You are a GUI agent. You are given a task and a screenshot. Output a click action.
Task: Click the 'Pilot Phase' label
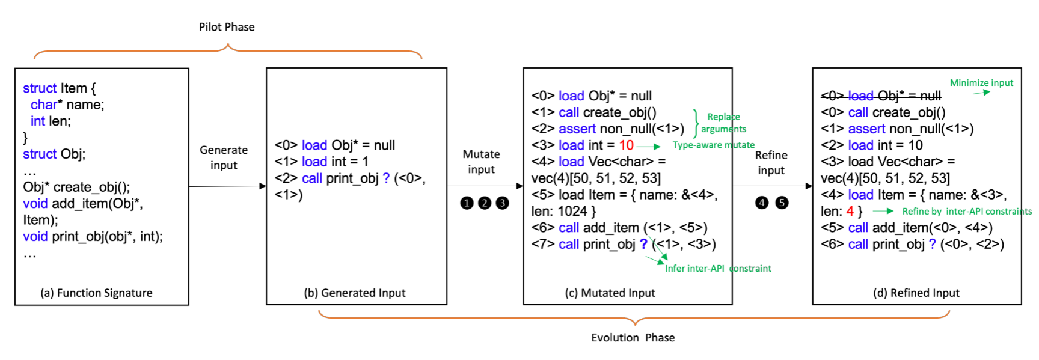227,27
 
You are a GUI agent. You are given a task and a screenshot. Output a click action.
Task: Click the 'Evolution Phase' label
633,338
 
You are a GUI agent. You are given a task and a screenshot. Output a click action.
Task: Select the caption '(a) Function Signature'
96,293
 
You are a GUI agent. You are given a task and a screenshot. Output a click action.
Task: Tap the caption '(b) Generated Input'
355,293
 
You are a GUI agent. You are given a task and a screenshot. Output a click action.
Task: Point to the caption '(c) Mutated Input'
610,293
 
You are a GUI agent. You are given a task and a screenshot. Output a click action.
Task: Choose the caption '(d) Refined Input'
916,293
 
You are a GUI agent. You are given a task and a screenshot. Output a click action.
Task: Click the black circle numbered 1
467,203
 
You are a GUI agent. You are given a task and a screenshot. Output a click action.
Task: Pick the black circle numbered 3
502,203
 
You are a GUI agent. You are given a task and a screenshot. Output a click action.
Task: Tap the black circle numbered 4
762,203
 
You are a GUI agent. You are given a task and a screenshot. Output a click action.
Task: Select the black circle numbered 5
782,203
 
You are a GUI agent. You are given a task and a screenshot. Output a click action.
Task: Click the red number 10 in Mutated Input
627,145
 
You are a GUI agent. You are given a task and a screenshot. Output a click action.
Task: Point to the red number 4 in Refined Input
850,211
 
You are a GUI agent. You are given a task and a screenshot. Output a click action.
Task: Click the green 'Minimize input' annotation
981,83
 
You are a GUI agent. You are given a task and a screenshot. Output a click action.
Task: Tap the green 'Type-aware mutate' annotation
713,145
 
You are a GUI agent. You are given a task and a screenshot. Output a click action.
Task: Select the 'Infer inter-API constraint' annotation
718,269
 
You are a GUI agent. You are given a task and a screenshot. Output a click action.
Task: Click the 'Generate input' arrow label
224,157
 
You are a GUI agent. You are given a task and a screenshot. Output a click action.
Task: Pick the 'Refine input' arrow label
771,163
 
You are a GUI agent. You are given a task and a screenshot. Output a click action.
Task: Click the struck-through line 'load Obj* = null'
881,96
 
